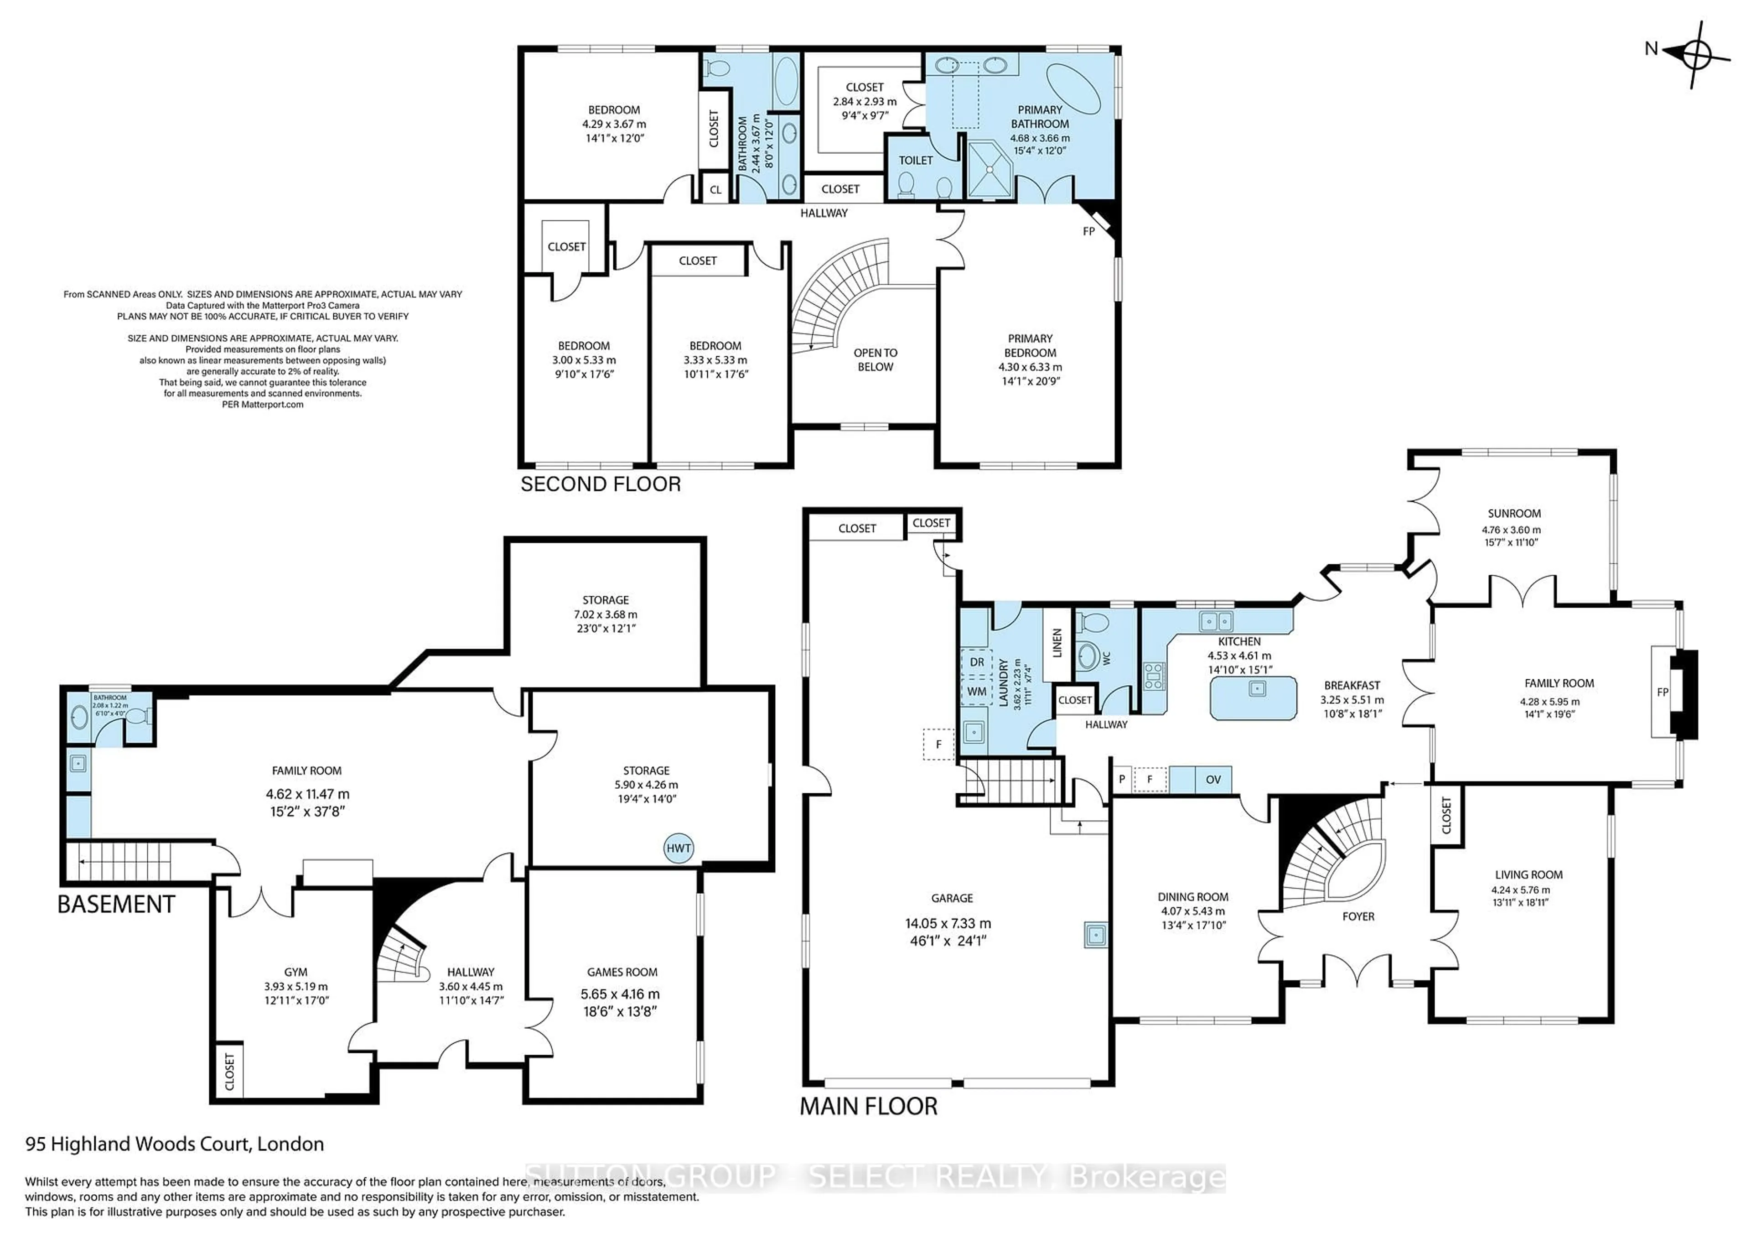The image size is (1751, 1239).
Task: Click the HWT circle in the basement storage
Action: tap(678, 849)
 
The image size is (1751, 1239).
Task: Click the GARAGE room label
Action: tap(951, 898)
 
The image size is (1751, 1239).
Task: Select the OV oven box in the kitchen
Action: tap(1212, 780)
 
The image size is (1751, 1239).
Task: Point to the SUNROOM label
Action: tap(1514, 514)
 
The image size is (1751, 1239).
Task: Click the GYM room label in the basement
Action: tap(296, 972)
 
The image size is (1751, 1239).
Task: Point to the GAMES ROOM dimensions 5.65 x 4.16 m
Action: tap(620, 994)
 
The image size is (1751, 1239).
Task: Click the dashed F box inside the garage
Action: tap(939, 744)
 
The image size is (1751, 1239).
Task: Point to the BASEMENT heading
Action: tap(116, 905)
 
